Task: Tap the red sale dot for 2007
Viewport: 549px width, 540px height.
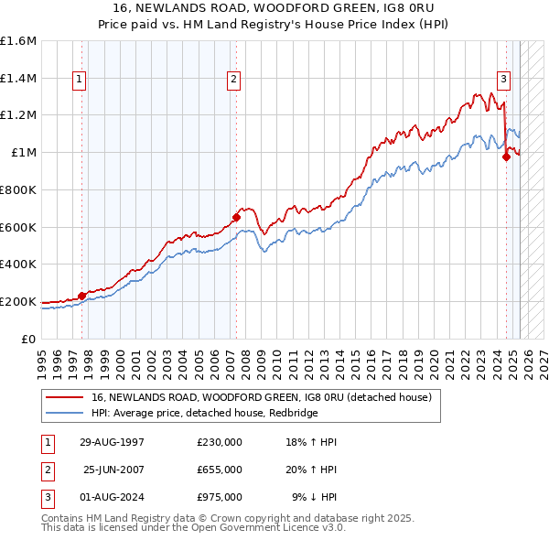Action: [x=236, y=217]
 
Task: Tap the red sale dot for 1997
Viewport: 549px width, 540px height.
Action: [x=81, y=296]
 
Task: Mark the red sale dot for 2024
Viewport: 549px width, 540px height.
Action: [x=506, y=157]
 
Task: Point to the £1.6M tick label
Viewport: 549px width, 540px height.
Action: [x=18, y=41]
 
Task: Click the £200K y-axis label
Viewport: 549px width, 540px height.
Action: [x=18, y=301]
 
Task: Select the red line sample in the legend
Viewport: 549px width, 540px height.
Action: [x=65, y=397]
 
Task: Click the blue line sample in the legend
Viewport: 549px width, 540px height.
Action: [x=65, y=414]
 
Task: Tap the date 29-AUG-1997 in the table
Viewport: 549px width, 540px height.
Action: [x=112, y=443]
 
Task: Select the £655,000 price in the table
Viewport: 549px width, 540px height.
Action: [x=219, y=470]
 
